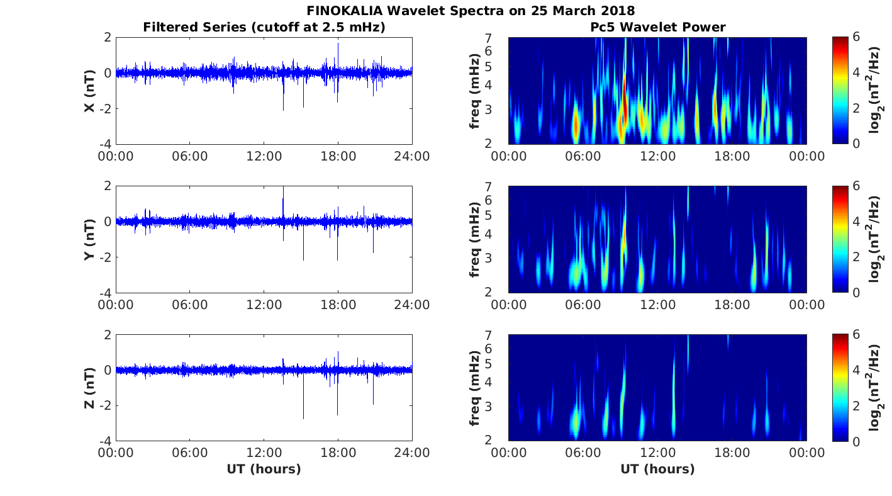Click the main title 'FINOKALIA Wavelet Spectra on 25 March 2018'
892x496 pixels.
coord(471,11)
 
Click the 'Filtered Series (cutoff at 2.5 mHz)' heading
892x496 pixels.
coord(264,27)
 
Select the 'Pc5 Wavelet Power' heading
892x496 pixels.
coord(657,27)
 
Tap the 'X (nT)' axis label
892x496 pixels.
coord(90,91)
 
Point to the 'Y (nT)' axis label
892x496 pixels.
coord(90,239)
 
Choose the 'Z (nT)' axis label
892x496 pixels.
coord(90,388)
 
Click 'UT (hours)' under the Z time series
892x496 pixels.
coord(264,469)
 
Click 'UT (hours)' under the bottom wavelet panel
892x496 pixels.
coord(657,469)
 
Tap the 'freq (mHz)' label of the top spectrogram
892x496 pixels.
coord(476,91)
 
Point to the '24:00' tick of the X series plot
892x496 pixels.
coord(412,156)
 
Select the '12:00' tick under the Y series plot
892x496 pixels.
coord(264,305)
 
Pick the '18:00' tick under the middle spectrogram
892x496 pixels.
coord(732,305)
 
